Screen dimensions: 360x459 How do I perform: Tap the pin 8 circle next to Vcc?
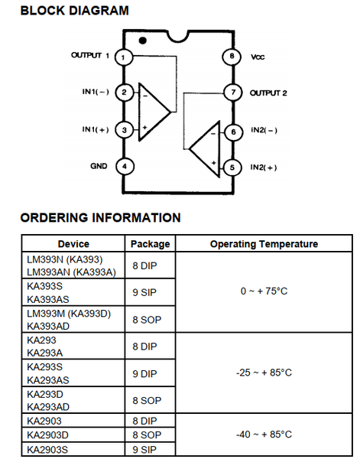(x=232, y=56)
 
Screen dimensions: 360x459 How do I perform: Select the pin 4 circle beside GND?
(x=125, y=167)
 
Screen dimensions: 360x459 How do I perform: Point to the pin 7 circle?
(x=233, y=93)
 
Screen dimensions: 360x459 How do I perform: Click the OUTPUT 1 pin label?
(x=90, y=55)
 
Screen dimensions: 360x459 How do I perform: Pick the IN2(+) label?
(x=264, y=168)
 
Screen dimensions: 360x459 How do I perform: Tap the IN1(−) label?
(x=96, y=92)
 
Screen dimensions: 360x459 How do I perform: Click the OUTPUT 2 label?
(x=268, y=93)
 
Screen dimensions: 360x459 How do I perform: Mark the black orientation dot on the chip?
(x=142, y=41)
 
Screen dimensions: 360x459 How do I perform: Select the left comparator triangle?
(x=154, y=112)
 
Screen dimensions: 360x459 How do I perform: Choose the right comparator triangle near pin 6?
(x=204, y=149)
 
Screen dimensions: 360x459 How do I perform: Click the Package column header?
(x=150, y=244)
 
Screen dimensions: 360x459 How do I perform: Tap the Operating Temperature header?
(x=264, y=244)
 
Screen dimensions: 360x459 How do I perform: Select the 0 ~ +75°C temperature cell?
(x=264, y=291)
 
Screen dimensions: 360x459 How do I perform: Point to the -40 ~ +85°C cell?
(x=264, y=435)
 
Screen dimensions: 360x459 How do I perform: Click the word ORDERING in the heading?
(x=54, y=218)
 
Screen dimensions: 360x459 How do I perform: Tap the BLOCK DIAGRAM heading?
(x=75, y=11)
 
